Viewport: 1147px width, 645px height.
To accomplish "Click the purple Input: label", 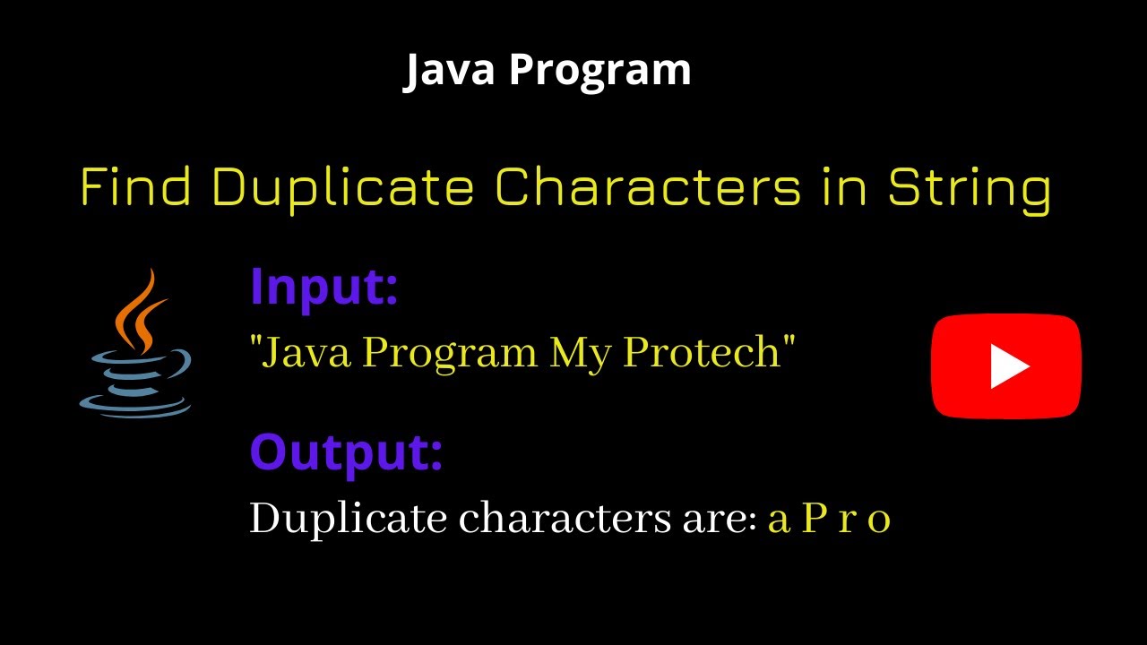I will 323,287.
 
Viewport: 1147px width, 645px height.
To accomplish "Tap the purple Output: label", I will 346,452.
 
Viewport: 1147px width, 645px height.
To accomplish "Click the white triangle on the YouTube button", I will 1008,366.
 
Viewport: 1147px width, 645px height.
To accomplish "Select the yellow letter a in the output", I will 779,520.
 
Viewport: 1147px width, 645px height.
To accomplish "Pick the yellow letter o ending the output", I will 880,520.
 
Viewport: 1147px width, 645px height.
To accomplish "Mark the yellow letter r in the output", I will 847,520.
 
